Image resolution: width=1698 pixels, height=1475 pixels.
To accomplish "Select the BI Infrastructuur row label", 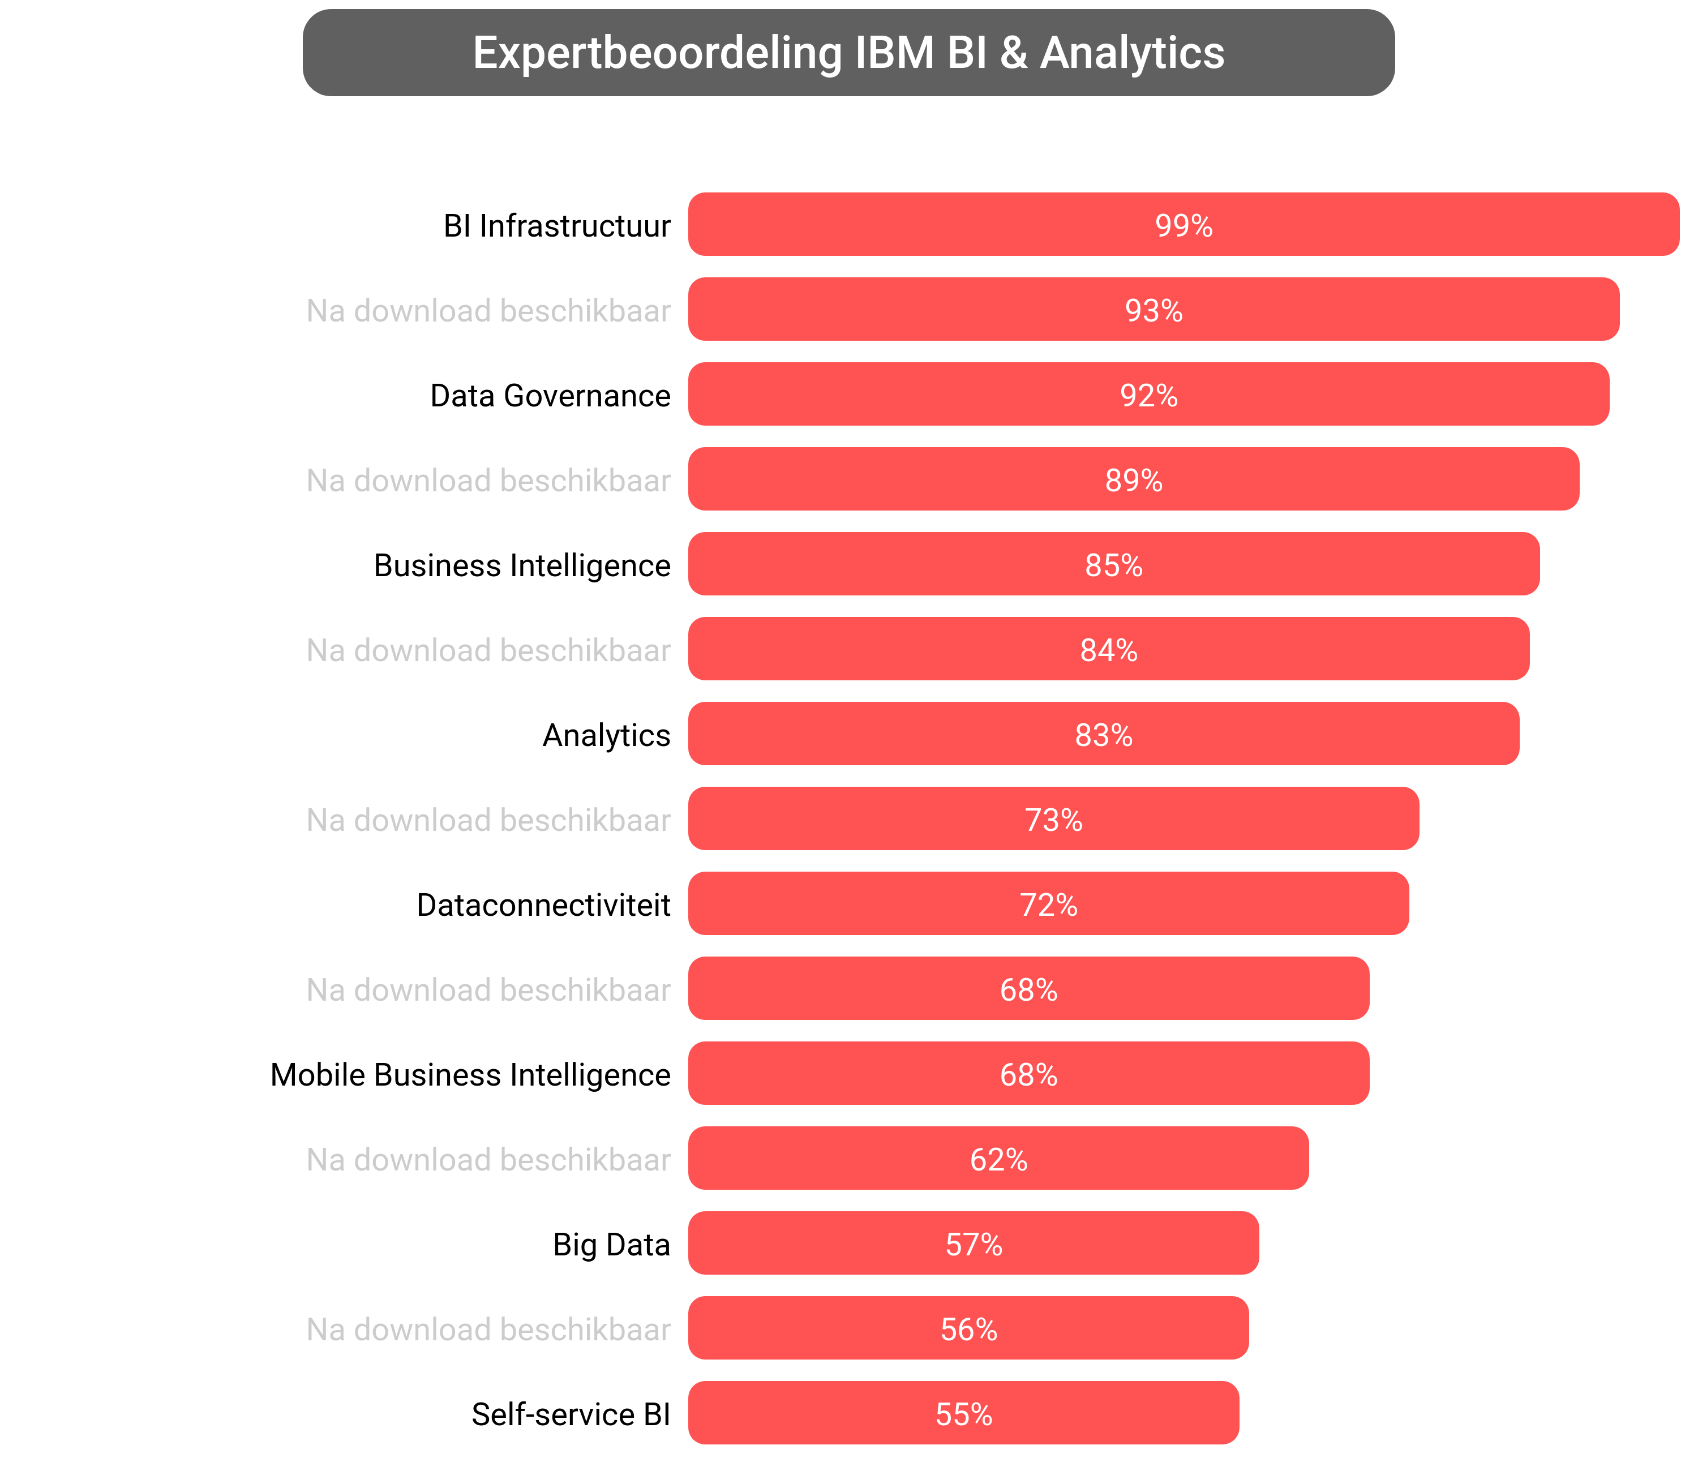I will [556, 225].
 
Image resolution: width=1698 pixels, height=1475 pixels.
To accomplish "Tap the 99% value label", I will [1183, 225].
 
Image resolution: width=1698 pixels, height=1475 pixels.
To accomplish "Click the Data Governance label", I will [550, 395].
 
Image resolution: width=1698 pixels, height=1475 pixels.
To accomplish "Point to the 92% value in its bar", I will [1148, 395].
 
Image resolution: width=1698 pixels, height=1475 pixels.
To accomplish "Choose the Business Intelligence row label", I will [522, 565].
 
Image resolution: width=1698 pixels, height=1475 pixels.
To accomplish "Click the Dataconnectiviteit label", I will [543, 904].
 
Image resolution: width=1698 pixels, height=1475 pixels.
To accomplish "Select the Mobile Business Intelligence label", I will [470, 1075].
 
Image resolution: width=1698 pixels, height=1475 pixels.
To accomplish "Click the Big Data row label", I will [611, 1245].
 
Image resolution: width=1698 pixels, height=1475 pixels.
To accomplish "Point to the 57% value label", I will [973, 1245].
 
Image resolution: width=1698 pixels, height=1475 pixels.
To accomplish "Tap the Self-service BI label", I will [571, 1414].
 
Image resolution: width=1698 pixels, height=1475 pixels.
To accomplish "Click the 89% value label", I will [1133, 481].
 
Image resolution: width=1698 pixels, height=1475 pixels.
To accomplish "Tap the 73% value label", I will [1053, 820].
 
